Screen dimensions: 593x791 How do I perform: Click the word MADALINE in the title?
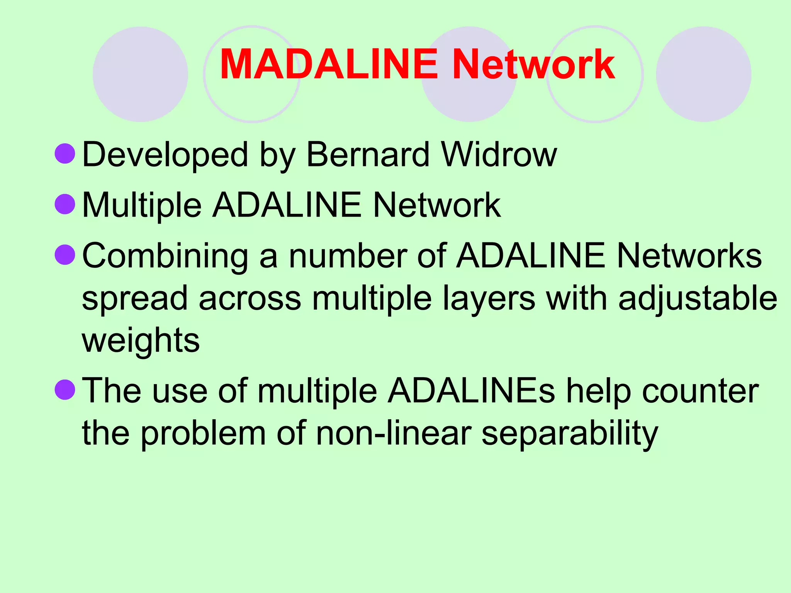point(329,64)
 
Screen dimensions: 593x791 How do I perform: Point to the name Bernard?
point(368,154)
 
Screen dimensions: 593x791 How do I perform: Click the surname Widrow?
point(499,154)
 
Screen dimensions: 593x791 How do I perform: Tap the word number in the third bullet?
point(348,256)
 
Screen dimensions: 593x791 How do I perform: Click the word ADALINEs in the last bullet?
point(471,391)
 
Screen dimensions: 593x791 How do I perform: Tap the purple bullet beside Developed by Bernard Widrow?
point(65,154)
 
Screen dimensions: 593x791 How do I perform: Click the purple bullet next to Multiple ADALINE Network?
point(65,204)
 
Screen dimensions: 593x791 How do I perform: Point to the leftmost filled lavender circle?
point(140,74)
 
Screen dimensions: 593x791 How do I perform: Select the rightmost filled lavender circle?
point(703,74)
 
